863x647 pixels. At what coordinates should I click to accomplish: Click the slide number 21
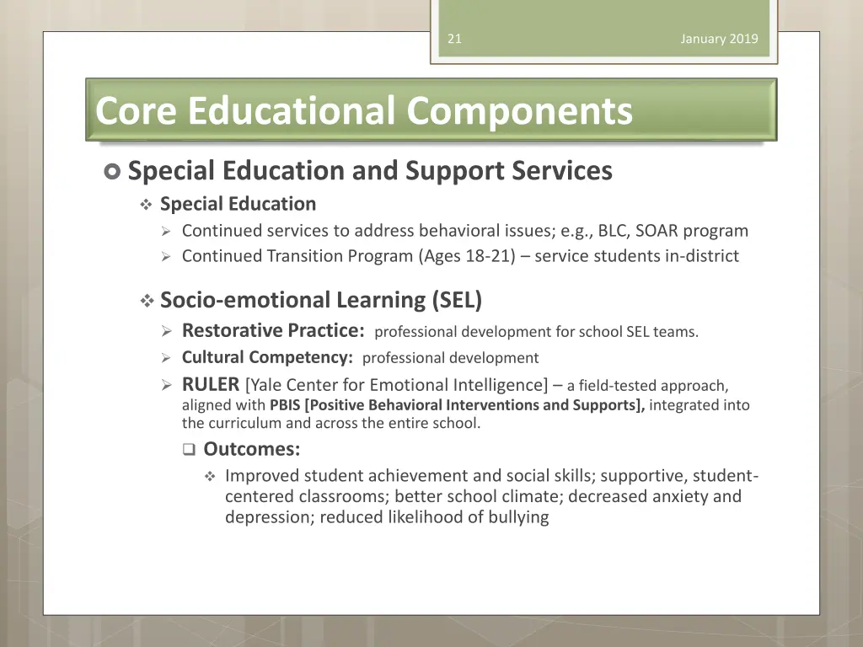pyautogui.click(x=454, y=39)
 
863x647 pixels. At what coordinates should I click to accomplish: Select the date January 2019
pyautogui.click(x=719, y=39)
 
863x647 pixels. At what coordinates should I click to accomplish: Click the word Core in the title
pyautogui.click(x=137, y=110)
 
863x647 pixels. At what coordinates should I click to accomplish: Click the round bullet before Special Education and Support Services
pyautogui.click(x=113, y=172)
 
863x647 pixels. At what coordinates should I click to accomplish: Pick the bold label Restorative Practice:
pyautogui.click(x=273, y=330)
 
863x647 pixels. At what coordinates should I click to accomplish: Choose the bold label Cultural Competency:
pyautogui.click(x=267, y=357)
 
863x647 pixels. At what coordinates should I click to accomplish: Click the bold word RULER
pyautogui.click(x=211, y=385)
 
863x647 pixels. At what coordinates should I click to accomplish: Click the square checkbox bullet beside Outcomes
pyautogui.click(x=189, y=450)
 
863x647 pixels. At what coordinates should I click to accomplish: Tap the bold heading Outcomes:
pyautogui.click(x=252, y=449)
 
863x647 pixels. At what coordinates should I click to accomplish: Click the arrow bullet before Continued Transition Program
pyautogui.click(x=166, y=256)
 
